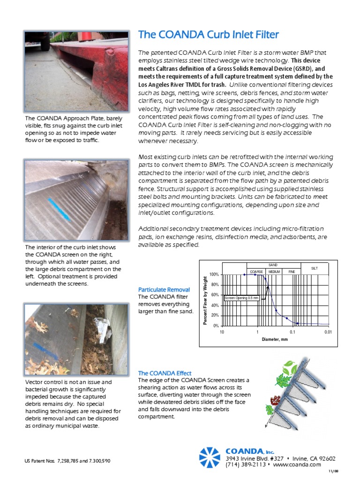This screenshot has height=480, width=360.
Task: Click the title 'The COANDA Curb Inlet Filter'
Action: [x=208, y=35]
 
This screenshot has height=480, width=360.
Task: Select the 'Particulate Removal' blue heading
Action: [x=164, y=289]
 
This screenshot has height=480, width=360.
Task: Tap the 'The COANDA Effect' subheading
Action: [x=165, y=373]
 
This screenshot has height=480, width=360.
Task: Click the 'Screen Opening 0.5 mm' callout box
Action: [x=241, y=298]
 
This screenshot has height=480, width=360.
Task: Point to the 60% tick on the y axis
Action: [x=214, y=295]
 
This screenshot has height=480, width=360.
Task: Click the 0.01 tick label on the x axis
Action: [x=328, y=332]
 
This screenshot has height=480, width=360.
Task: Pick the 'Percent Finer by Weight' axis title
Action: [x=205, y=300]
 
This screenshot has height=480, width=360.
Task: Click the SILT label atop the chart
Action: [x=315, y=268]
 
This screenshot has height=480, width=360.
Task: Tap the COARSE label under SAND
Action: [x=256, y=272]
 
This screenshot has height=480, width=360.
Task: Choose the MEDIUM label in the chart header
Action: [x=274, y=272]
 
